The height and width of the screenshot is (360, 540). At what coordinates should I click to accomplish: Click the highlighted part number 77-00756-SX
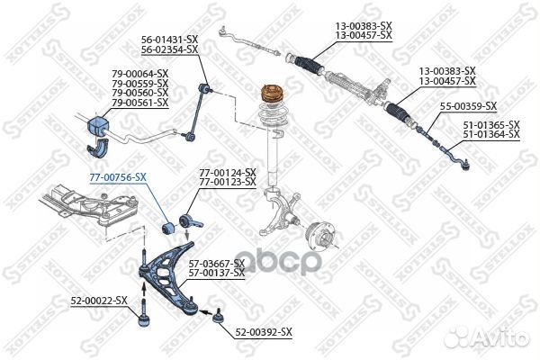(x=117, y=177)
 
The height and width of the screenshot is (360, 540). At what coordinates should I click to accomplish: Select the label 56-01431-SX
(x=168, y=40)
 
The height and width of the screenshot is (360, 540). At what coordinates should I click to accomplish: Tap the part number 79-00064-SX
(x=140, y=73)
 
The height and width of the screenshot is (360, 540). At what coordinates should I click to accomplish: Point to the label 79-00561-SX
(x=140, y=103)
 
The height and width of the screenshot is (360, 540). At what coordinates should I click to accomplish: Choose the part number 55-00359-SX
(x=467, y=106)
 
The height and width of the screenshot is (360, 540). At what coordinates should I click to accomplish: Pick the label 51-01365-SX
(x=490, y=124)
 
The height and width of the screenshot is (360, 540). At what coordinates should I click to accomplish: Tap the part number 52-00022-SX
(x=99, y=299)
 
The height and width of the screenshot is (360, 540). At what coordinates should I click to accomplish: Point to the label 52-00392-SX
(x=264, y=332)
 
